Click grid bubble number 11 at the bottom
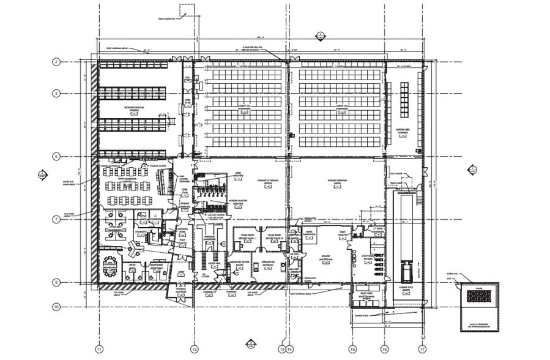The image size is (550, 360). coord(98,349)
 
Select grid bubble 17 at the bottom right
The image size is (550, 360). coord(422,349)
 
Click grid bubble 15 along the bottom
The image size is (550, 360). coord(352,349)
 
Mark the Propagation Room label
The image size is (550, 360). coord(134,109)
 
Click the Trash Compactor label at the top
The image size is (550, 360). coord(182,20)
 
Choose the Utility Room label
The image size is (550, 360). coord(369,259)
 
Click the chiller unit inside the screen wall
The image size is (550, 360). coord(479,296)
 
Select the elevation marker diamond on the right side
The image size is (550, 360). coord(472,170)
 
